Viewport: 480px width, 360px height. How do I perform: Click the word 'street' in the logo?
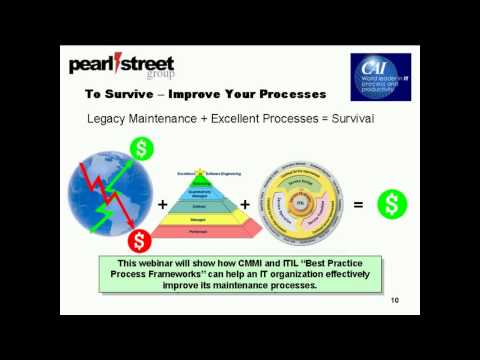146,65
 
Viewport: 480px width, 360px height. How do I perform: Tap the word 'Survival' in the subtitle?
344,119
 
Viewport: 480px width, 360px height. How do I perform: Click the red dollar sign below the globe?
139,240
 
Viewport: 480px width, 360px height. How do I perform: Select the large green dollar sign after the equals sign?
392,205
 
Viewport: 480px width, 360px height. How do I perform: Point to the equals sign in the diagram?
358,205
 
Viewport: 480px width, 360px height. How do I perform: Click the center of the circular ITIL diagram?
302,204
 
